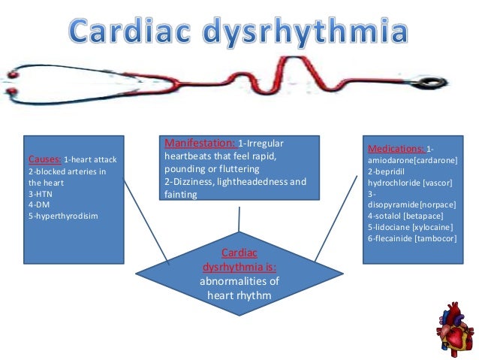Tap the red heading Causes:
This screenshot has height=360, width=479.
click(x=45, y=160)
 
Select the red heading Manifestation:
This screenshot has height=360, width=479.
click(x=199, y=143)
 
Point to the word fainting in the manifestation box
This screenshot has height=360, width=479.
click(x=180, y=194)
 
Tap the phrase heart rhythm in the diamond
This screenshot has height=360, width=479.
click(x=238, y=294)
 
